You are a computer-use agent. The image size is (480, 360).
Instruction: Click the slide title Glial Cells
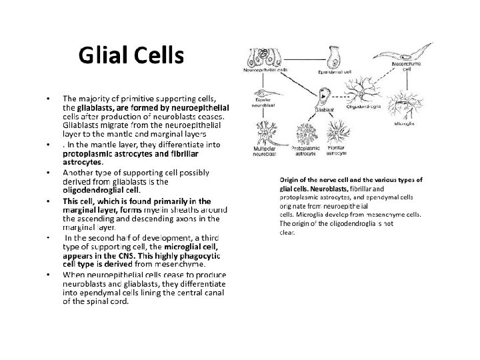coord(130,56)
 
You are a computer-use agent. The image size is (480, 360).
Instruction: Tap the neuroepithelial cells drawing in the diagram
coord(265,57)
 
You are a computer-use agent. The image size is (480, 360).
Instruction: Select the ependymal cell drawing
coord(329,56)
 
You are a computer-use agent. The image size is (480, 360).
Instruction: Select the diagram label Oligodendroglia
coord(363,106)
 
